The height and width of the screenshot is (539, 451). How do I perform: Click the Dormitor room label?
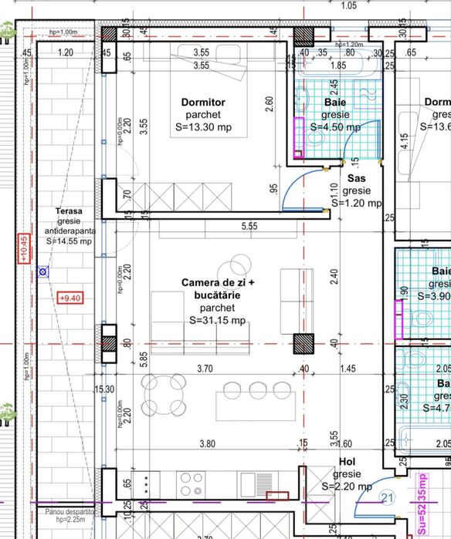[203, 102]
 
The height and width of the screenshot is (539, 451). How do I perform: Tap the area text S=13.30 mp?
[203, 127]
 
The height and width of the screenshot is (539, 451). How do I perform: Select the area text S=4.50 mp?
[334, 126]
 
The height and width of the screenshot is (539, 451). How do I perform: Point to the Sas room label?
[356, 178]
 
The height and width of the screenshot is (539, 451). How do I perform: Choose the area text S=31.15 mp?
[217, 319]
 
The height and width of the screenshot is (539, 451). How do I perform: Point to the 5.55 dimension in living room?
[249, 226]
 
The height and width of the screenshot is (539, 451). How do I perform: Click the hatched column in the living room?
[300, 344]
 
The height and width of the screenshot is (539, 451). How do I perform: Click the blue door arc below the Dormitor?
[293, 193]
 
